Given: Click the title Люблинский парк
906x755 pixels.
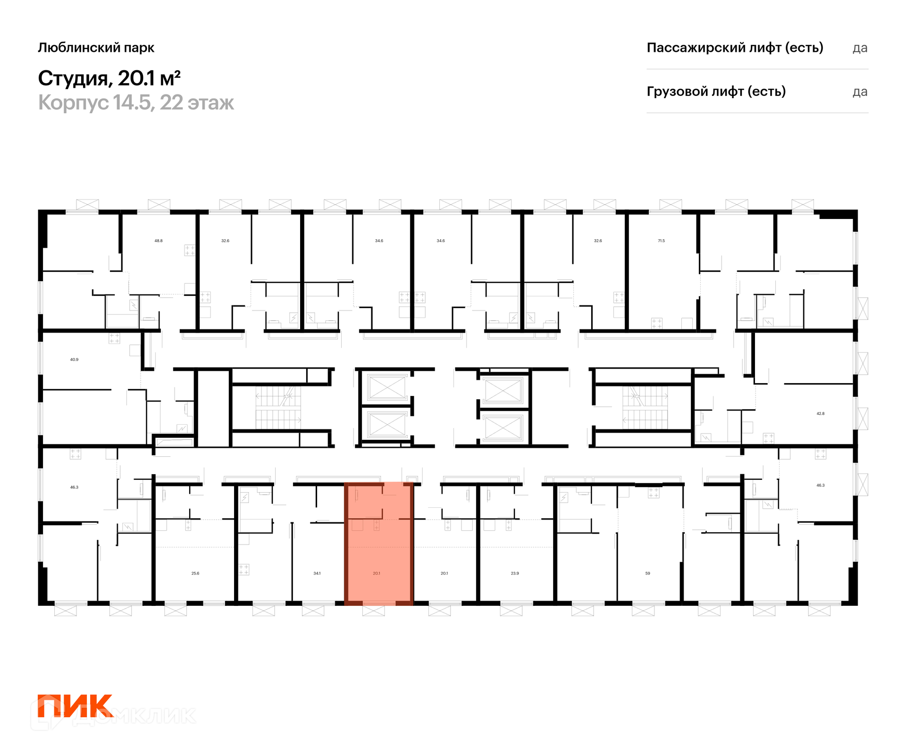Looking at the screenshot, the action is pyautogui.click(x=96, y=48).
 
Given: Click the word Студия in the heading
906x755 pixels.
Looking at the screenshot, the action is pyautogui.click(x=73, y=78).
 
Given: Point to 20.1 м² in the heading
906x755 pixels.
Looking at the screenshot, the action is pyautogui.click(x=149, y=78).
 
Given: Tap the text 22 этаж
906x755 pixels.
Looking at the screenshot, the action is pyautogui.click(x=197, y=103).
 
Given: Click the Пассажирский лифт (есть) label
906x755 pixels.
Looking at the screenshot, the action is pyautogui.click(x=735, y=48).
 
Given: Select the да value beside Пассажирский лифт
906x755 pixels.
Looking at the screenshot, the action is pyautogui.click(x=860, y=49).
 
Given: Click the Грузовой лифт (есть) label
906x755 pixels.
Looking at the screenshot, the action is pyautogui.click(x=716, y=91).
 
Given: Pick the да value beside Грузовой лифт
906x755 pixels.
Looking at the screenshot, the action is pyautogui.click(x=860, y=92).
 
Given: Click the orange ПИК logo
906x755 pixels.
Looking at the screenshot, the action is pyautogui.click(x=75, y=706).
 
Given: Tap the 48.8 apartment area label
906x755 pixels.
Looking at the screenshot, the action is pyautogui.click(x=159, y=241).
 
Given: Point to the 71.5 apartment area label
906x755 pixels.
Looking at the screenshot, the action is pyautogui.click(x=661, y=241).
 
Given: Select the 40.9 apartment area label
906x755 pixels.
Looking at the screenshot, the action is pyautogui.click(x=74, y=360).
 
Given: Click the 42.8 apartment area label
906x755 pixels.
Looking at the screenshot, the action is pyautogui.click(x=821, y=413).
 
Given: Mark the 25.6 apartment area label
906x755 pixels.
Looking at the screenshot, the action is pyautogui.click(x=195, y=573).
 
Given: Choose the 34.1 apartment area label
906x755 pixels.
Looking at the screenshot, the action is pyautogui.click(x=317, y=573).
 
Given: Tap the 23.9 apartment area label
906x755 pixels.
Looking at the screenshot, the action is pyautogui.click(x=515, y=573).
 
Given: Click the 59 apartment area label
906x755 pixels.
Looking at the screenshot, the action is pyautogui.click(x=648, y=573).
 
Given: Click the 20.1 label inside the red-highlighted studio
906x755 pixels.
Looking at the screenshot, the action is pyautogui.click(x=377, y=573).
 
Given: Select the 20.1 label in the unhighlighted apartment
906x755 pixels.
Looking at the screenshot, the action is pyautogui.click(x=445, y=573).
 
